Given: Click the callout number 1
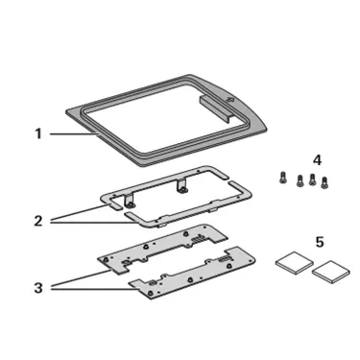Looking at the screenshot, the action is (x=38, y=133).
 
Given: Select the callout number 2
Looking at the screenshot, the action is (x=38, y=221).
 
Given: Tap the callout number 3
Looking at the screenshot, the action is (x=38, y=288).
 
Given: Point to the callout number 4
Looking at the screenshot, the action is (x=317, y=160).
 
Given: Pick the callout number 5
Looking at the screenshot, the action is (x=320, y=242).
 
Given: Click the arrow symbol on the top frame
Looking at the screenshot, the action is (x=230, y=100).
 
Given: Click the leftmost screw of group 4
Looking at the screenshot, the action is (x=281, y=178).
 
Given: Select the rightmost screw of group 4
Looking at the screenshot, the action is (x=324, y=182).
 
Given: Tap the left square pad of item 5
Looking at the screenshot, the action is (x=295, y=264).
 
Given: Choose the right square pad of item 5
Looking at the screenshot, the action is (x=331, y=272).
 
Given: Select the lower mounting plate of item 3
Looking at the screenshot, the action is (x=192, y=272).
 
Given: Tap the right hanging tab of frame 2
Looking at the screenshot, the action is (x=182, y=186).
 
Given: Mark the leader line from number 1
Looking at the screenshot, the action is (x=73, y=134).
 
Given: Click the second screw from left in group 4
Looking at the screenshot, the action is (x=300, y=180).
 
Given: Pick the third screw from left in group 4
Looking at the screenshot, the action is (x=312, y=180).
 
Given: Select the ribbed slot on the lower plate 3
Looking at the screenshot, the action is (x=224, y=260).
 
